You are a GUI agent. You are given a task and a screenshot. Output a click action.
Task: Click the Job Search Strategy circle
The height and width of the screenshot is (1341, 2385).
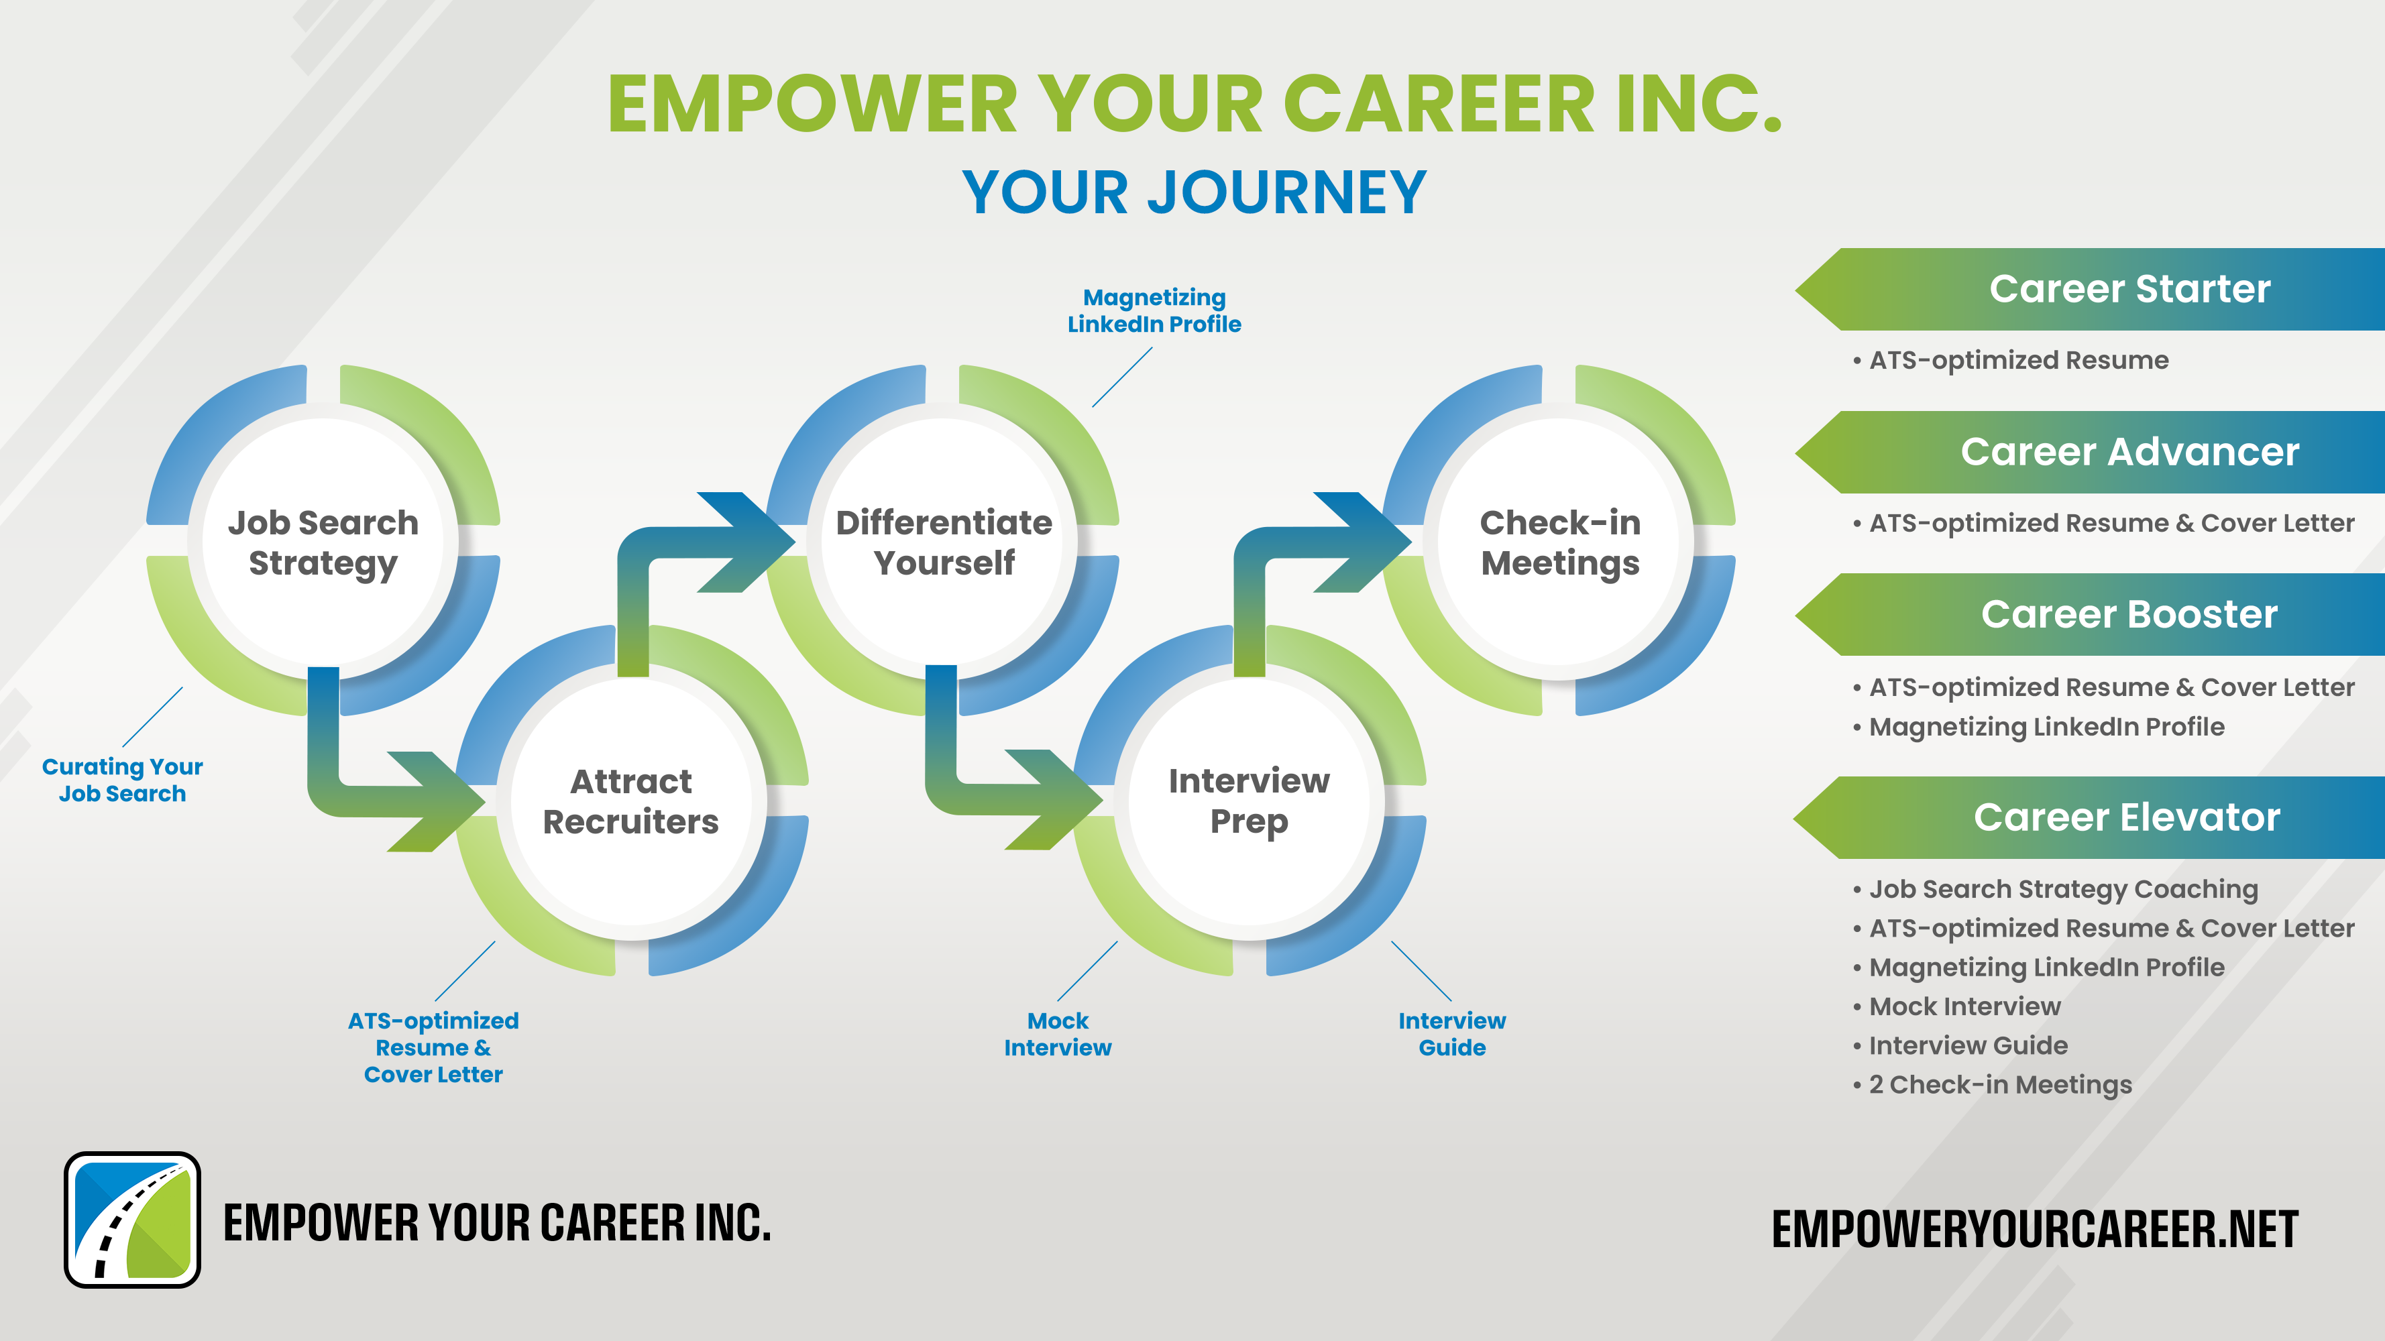[323, 541]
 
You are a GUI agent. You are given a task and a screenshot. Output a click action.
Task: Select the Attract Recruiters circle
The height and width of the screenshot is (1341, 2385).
[631, 801]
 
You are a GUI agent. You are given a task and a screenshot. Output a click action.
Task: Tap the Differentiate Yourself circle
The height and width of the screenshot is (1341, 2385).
[944, 541]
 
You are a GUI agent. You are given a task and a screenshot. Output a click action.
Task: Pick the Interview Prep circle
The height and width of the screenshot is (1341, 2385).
[1249, 801]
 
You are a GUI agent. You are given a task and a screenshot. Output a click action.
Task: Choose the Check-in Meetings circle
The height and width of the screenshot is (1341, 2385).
[1560, 541]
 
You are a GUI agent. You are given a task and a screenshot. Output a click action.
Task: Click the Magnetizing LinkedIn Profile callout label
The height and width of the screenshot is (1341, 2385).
[1154, 311]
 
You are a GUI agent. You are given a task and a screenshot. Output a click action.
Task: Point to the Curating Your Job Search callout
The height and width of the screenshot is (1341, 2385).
[122, 780]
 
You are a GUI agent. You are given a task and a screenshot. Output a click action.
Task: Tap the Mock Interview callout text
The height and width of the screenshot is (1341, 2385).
[1057, 1034]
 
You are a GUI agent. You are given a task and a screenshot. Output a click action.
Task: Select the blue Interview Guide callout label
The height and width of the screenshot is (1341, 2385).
[1452, 1034]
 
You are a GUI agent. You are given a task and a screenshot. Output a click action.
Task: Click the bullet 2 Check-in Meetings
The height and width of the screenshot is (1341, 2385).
[1993, 1085]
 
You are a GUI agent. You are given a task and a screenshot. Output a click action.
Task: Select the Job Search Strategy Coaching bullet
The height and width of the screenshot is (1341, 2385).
[2056, 889]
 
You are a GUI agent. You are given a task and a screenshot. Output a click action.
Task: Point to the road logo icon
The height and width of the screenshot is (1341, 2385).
[132, 1220]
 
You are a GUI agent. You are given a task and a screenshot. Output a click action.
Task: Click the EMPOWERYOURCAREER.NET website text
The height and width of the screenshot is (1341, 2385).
[2034, 1229]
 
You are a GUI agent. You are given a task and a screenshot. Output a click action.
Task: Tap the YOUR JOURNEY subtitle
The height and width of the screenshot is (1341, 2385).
[1195, 192]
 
